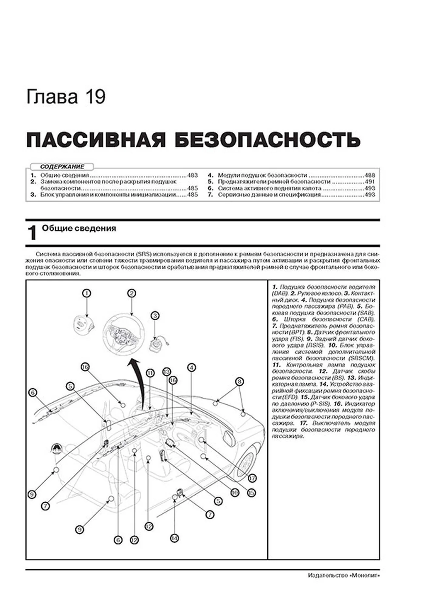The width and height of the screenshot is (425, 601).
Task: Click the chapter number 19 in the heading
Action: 95,97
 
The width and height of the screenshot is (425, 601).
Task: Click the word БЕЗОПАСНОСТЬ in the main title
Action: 267,140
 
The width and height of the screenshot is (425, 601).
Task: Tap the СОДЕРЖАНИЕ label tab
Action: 62,167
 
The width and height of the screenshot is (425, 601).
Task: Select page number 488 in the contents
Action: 370,175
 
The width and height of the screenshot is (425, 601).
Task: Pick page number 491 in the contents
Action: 370,182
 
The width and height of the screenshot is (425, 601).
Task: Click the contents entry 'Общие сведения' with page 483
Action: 65,175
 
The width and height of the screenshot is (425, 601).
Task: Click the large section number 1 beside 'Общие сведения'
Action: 32,233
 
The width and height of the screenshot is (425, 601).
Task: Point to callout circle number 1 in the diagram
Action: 87,293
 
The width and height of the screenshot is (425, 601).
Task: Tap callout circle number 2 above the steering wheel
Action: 131,293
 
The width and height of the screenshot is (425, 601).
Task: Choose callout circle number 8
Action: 239,381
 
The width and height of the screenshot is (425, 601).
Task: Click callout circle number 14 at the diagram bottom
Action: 175,538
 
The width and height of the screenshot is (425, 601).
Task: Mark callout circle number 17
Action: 252,478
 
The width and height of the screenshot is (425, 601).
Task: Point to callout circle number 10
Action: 235,493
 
